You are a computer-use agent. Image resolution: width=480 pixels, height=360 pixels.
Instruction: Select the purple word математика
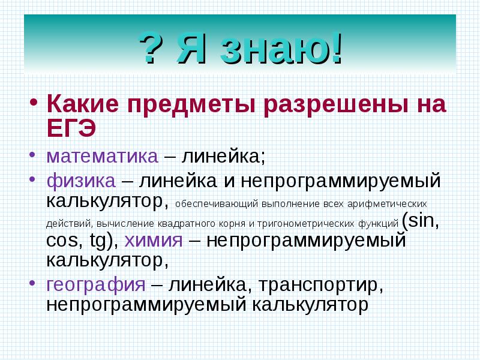point(102,157)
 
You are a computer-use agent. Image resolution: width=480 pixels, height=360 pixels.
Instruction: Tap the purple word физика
point(81,180)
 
